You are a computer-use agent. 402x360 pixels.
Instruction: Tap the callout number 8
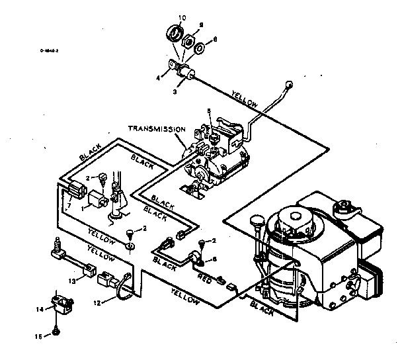click(x=215, y=40)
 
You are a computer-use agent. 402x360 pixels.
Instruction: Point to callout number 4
click(x=159, y=77)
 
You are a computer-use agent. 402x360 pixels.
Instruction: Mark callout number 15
click(x=38, y=337)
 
